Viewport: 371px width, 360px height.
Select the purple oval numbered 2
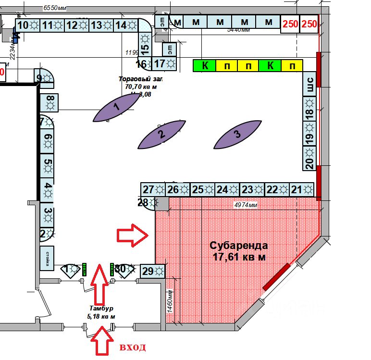pyautogui.click(x=161, y=134)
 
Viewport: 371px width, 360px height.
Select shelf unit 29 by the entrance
pyautogui.click(x=153, y=271)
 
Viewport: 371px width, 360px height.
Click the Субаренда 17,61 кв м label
pyautogui.click(x=239, y=250)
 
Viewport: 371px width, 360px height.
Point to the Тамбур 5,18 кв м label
pyautogui.click(x=101, y=312)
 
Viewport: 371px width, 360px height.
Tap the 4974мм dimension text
pyautogui.click(x=246, y=205)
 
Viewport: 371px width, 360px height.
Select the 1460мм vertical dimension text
pyautogui.click(x=169, y=300)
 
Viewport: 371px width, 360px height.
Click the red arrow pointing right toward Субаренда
pyautogui.click(x=133, y=236)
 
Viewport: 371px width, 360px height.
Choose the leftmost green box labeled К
pyautogui.click(x=205, y=66)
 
